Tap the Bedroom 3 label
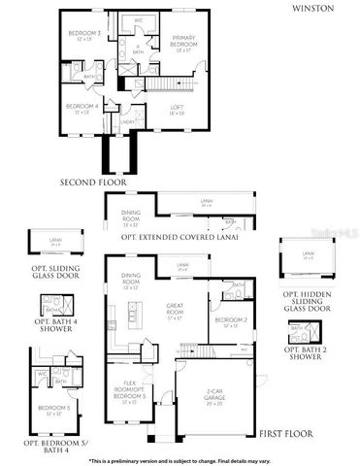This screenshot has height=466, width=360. point(79,36)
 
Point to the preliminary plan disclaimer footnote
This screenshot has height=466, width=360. point(180,459)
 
